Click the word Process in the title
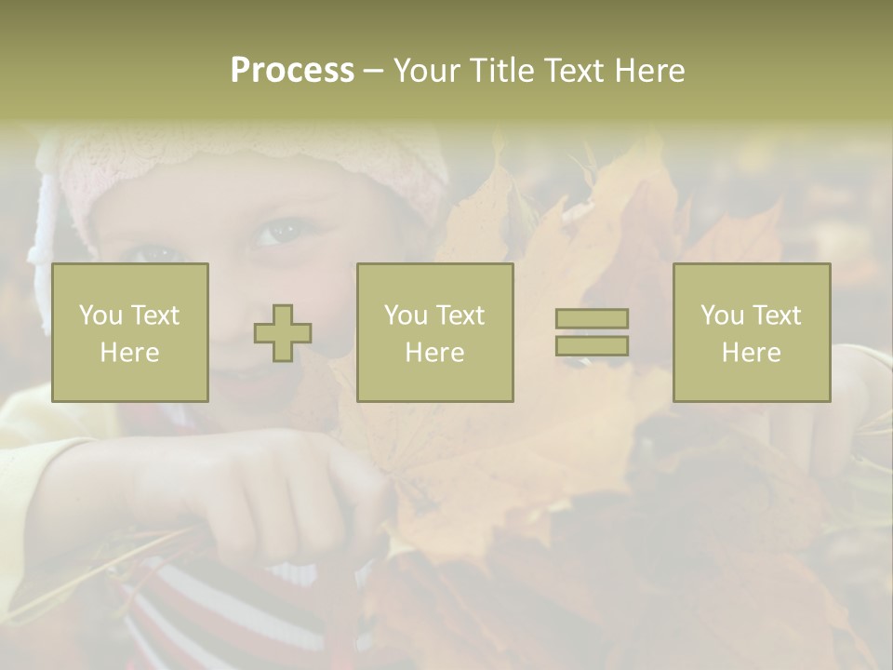292,71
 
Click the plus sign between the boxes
283,333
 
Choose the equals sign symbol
592,332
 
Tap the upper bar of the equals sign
592,319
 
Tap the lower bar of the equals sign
592,346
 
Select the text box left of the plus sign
130,332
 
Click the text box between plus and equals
434,332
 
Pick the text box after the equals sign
752,332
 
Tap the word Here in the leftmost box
129,353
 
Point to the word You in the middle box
406,315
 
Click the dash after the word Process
373,72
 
